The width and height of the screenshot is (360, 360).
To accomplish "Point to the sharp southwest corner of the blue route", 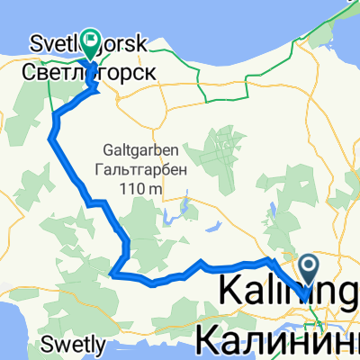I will coord(110,273).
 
